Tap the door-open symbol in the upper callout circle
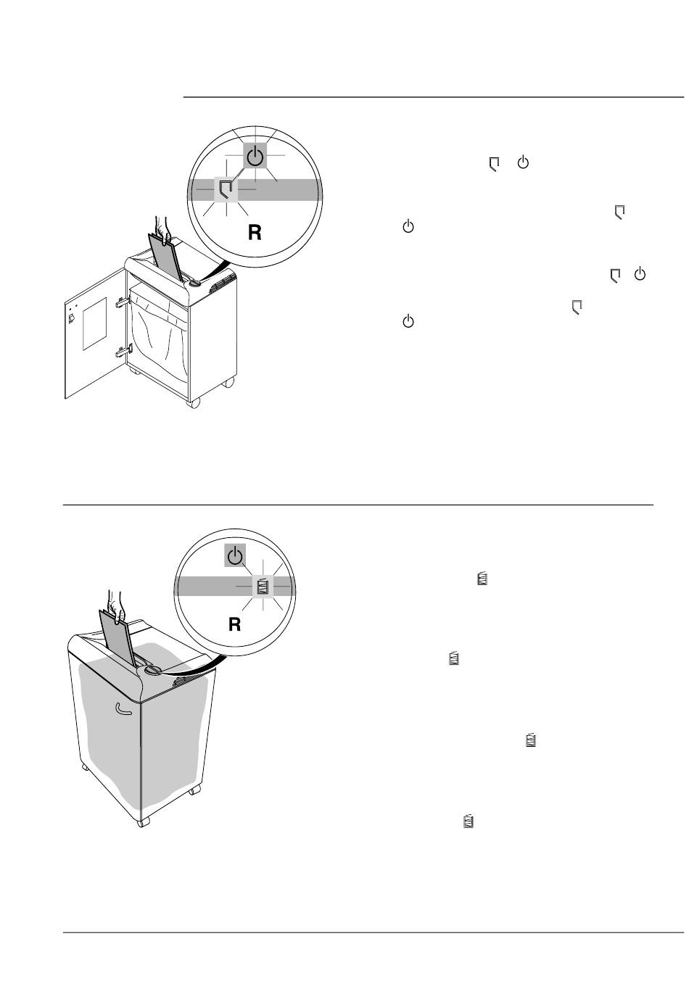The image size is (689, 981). (227, 190)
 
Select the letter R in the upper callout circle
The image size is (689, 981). (255, 233)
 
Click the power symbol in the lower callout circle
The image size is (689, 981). (234, 557)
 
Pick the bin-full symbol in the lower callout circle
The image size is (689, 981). (263, 586)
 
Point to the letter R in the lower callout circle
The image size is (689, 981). (234, 624)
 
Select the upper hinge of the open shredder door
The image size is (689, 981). (121, 301)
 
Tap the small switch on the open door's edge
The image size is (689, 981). (70, 318)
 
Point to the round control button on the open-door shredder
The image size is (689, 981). (194, 283)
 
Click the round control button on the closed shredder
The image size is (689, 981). (153, 670)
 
